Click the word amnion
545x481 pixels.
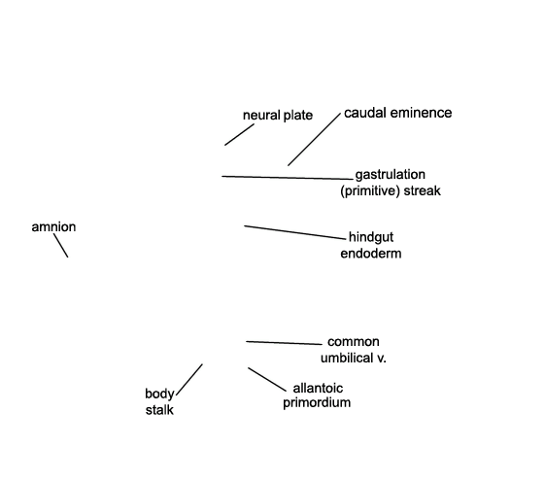tap(53, 227)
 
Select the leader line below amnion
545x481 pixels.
tap(61, 246)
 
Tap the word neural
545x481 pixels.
tap(261, 115)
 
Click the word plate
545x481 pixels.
tap(298, 116)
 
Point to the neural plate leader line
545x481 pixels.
tap(240, 134)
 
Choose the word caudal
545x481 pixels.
tap(365, 113)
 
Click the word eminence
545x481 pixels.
tap(421, 113)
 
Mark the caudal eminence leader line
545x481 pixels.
tap(314, 139)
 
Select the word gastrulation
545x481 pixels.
tap(390, 175)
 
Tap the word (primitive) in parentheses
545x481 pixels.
tap(370, 190)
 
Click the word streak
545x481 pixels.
tap(422, 190)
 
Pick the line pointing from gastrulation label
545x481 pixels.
tap(288, 178)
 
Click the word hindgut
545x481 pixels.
tap(371, 238)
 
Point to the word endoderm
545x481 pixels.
tap(371, 254)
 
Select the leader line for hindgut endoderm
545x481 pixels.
tap(295, 232)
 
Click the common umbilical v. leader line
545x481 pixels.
tap(284, 343)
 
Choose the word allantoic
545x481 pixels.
tap(318, 388)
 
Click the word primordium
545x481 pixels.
tap(317, 403)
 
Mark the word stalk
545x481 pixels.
tap(159, 410)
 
